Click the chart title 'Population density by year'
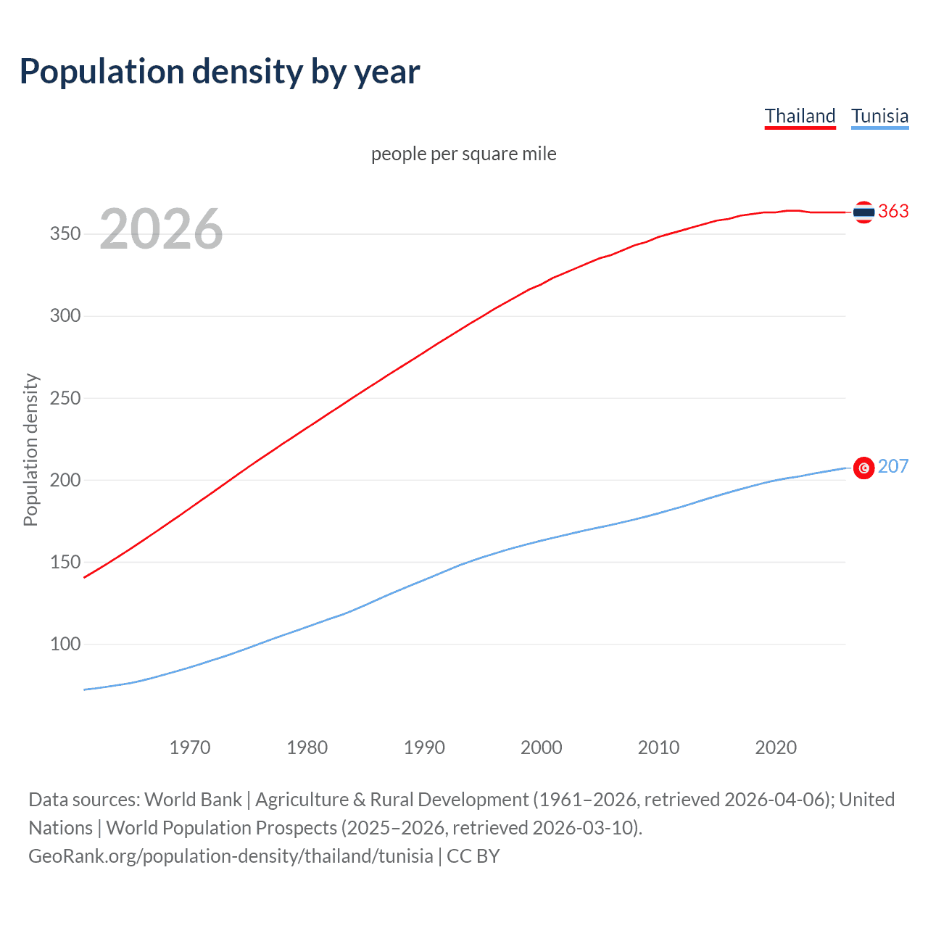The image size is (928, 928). coord(220,72)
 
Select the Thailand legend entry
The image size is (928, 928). coord(800,116)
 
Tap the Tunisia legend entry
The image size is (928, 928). coord(879,116)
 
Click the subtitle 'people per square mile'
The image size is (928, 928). coord(463,154)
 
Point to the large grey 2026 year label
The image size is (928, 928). coord(161,229)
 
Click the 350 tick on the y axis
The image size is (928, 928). coord(65,234)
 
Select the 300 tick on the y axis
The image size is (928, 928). coord(65,316)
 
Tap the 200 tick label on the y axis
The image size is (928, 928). coord(65,480)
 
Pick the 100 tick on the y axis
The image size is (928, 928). coord(65,644)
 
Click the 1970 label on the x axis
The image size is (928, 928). coord(190,747)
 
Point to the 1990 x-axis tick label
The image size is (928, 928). coord(424,747)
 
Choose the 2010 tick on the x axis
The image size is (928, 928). coord(658,747)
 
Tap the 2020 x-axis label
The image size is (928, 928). coord(776,747)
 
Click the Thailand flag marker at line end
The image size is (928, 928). coord(863,212)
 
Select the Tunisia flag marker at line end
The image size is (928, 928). coord(863,468)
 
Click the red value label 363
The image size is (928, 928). coord(893,211)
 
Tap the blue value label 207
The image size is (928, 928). coord(893,466)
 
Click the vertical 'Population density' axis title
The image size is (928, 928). coord(30,449)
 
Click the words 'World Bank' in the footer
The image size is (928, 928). coord(193,799)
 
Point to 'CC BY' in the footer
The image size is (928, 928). coord(473,855)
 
